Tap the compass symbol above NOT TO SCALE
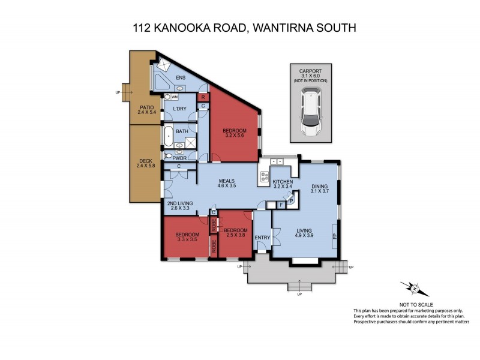(x=415, y=289)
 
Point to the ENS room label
(x=181, y=77)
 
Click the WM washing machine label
(x=175, y=97)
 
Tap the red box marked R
(x=203, y=97)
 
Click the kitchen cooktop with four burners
(x=265, y=178)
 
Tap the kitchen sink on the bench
(x=277, y=161)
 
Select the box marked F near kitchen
(x=281, y=205)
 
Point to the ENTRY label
(x=262, y=238)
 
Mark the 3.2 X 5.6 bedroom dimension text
(x=235, y=136)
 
